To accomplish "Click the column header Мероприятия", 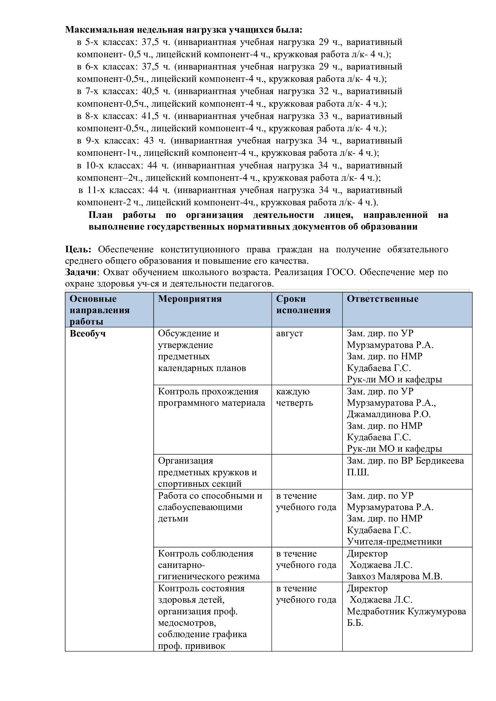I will tap(190, 299).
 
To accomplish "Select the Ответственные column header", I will tap(382, 299).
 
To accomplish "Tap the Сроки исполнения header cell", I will tap(303, 304).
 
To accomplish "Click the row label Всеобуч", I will tap(88, 333).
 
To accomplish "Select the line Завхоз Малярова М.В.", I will tap(394, 576).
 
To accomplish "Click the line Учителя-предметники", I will tap(394, 541).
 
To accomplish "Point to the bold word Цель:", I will tap(78, 249).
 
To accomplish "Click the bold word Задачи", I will tap(81, 272).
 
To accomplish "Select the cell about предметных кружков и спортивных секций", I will tap(207, 472).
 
